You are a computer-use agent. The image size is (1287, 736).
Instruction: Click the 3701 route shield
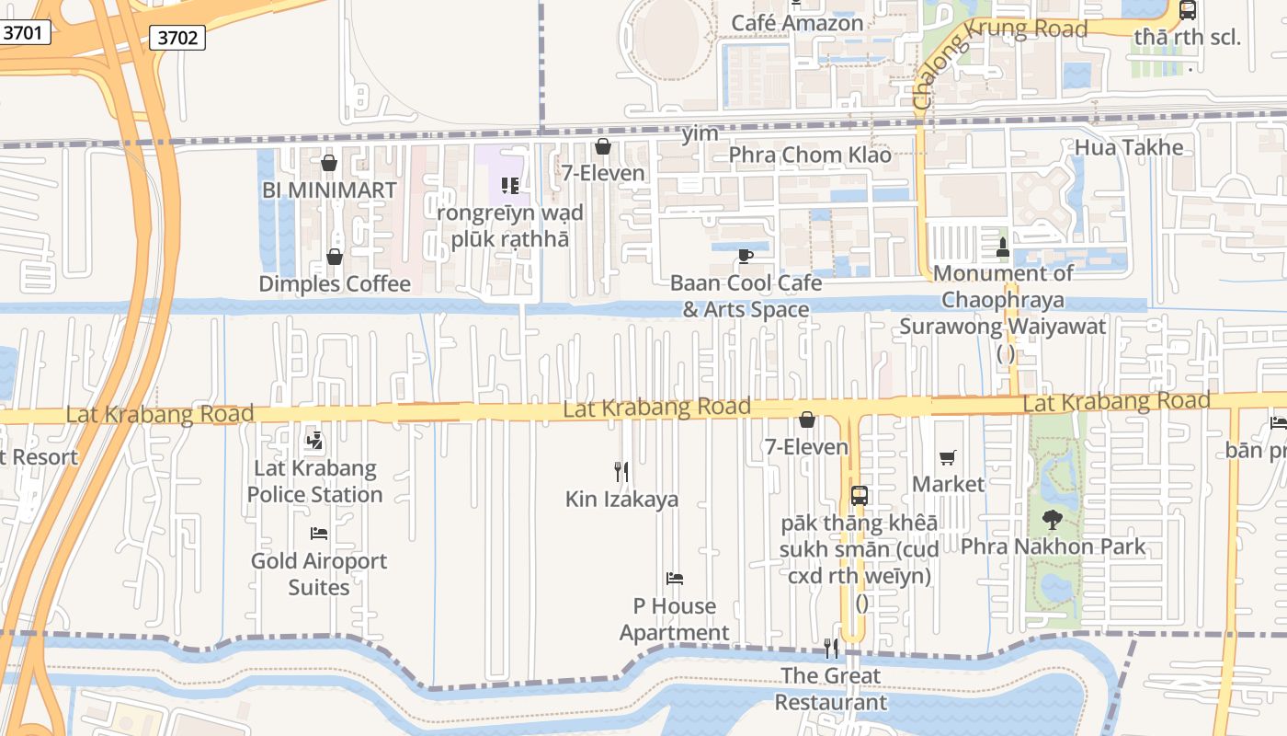click(22, 33)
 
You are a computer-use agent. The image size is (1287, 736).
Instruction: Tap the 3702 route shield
click(177, 38)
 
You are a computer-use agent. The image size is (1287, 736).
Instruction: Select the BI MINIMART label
click(329, 190)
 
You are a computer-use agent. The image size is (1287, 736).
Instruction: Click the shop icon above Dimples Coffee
click(335, 257)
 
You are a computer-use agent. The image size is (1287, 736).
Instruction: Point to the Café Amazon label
click(797, 23)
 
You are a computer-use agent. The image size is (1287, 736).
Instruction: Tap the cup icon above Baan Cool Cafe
click(746, 256)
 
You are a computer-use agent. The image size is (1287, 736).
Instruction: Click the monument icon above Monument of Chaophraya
click(1002, 247)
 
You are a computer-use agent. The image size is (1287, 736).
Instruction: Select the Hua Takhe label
click(1129, 147)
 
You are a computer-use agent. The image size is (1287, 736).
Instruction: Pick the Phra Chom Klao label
click(810, 155)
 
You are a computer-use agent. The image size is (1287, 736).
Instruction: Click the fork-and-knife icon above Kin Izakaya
click(621, 472)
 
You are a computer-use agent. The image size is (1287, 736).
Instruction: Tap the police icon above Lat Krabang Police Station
click(314, 441)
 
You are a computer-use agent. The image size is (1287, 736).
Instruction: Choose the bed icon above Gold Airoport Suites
click(319, 534)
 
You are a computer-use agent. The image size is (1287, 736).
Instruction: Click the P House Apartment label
click(675, 619)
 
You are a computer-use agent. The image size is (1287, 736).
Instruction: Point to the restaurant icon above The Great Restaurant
click(831, 649)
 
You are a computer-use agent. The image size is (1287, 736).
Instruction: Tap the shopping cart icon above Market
click(948, 457)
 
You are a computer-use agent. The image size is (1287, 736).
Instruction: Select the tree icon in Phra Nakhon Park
click(1053, 520)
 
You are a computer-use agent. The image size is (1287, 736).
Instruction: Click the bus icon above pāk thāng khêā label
click(859, 496)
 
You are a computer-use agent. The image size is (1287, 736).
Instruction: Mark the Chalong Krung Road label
click(997, 55)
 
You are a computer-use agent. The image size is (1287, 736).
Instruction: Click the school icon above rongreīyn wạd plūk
click(511, 186)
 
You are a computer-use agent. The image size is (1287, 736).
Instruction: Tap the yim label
click(700, 134)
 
